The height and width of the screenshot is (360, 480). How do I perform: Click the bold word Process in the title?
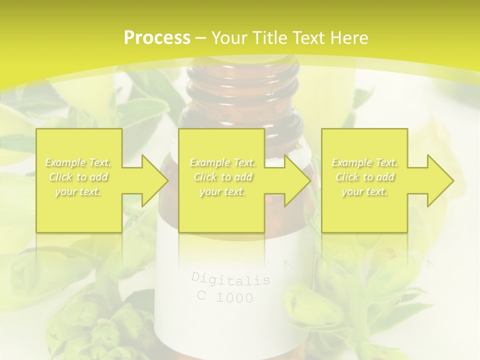[157, 38]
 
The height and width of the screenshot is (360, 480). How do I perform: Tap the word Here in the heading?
[348, 38]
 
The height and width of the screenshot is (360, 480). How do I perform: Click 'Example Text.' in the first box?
[78, 162]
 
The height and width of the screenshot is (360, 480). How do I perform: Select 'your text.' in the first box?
[78, 191]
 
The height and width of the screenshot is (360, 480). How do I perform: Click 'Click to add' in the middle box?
[222, 177]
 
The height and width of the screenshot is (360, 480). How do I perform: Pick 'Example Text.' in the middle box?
[222, 162]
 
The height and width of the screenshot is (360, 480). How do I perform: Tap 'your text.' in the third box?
[364, 191]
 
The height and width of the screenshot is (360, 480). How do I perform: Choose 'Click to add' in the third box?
[364, 177]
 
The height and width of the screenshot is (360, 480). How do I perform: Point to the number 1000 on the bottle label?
[234, 298]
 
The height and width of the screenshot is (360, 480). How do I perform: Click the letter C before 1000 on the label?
[201, 295]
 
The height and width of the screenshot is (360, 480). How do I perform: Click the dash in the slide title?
[200, 38]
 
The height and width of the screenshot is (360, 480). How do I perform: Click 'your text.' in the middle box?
[222, 191]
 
